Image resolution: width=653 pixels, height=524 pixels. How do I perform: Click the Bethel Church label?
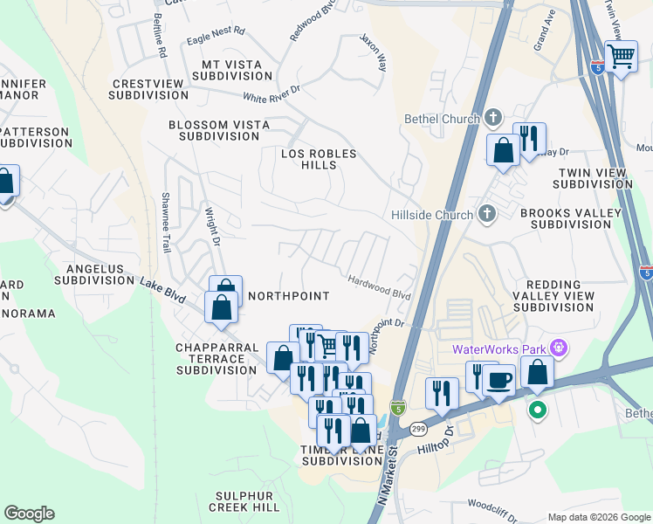click(x=441, y=119)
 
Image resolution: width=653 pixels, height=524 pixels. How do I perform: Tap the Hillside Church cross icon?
click(x=487, y=214)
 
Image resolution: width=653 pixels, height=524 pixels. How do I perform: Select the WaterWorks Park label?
click(x=500, y=350)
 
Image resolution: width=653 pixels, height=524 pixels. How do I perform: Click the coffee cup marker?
click(x=498, y=381)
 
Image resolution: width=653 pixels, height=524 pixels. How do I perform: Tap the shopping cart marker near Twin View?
click(x=621, y=58)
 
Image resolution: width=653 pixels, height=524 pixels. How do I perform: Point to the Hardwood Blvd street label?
click(x=379, y=287)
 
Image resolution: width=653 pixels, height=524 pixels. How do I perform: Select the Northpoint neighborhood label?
click(x=289, y=296)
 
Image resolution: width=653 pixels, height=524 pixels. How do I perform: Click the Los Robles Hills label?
click(x=319, y=159)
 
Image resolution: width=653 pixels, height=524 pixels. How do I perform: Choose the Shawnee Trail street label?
click(x=164, y=223)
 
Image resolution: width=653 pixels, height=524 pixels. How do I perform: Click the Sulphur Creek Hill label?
click(x=244, y=501)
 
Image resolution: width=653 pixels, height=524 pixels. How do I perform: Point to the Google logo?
click(x=29, y=514)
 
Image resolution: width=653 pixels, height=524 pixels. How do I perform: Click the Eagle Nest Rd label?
click(x=216, y=40)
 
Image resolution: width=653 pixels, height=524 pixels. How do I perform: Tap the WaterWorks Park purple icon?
click(x=560, y=350)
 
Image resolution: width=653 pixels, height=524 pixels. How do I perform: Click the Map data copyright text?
click(x=598, y=517)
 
